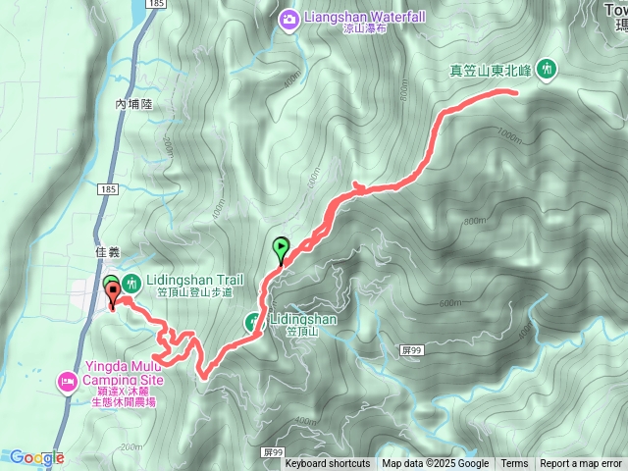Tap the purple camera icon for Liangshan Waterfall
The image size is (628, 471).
(289, 18)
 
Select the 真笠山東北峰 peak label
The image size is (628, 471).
(491, 70)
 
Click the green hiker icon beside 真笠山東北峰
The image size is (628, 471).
(547, 69)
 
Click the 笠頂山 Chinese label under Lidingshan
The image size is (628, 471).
(303, 332)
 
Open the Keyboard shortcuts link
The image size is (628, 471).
(328, 464)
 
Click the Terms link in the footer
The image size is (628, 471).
(514, 464)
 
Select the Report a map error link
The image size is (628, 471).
(581, 464)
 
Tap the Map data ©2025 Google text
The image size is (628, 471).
(435, 464)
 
